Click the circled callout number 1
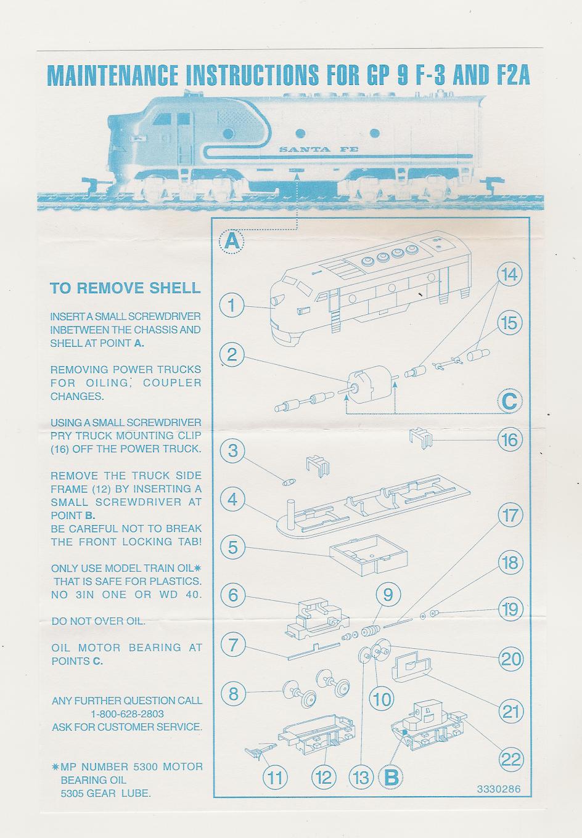(232, 305)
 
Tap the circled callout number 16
(509, 439)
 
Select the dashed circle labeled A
(232, 241)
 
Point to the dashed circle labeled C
(509, 402)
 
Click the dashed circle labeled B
(391, 778)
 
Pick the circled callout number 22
(510, 759)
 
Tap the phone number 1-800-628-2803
(127, 714)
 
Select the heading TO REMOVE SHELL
(125, 288)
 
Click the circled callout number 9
(388, 595)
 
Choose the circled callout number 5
(232, 547)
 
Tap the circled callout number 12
(324, 778)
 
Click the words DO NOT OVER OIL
(99, 621)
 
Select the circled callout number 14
(509, 274)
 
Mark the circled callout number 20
(510, 659)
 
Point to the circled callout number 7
(232, 645)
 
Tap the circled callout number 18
(509, 563)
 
